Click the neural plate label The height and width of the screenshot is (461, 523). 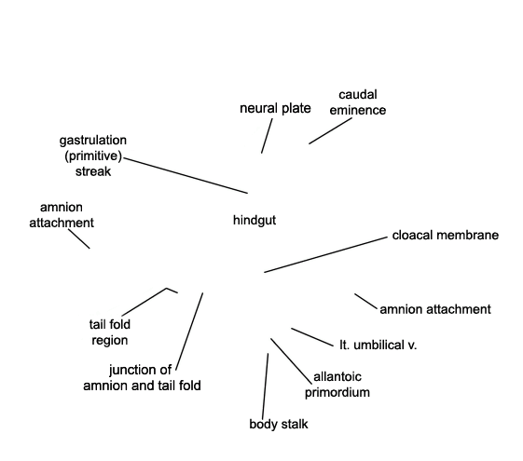click(275, 109)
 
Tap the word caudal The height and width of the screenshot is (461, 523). click(358, 95)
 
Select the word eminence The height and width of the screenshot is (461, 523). click(358, 110)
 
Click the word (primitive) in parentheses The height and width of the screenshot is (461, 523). click(93, 156)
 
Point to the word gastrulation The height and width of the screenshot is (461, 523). click(93, 141)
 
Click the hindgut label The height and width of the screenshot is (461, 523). click(255, 221)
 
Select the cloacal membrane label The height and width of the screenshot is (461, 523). click(446, 236)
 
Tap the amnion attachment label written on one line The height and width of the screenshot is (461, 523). click(435, 309)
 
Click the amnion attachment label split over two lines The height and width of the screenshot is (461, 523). click(62, 215)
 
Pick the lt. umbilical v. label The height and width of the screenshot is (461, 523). click(378, 346)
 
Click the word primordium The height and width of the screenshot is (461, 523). click(337, 392)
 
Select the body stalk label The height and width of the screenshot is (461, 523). click(279, 424)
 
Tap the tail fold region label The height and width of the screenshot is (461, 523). click(110, 332)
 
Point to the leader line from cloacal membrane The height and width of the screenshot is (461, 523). click(326, 255)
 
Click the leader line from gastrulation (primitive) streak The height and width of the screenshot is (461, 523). click(186, 175)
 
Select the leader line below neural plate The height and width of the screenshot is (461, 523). click(267, 136)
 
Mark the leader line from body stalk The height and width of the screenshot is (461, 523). click(265, 386)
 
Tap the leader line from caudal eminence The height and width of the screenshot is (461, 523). click(330, 131)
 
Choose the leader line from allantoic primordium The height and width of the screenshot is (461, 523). click(291, 361)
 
